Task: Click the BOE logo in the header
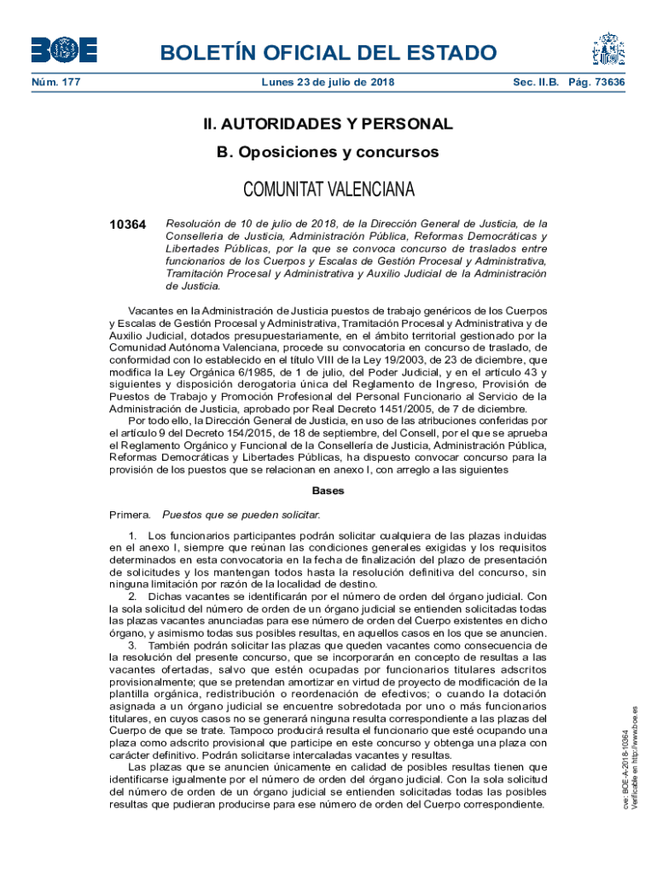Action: click(63, 50)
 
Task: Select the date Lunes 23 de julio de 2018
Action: click(328, 83)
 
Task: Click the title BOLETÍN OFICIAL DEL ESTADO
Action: click(328, 54)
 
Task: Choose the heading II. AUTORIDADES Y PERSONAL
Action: click(328, 125)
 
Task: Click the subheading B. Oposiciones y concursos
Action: click(328, 153)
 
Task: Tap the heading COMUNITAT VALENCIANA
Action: click(328, 188)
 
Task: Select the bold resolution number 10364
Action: click(128, 224)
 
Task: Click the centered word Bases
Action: click(328, 491)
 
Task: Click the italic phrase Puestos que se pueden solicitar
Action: click(241, 515)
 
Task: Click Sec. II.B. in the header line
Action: click(536, 83)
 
